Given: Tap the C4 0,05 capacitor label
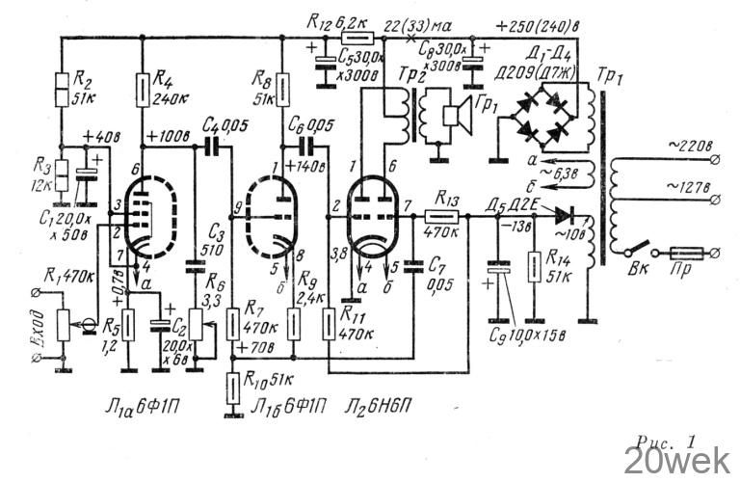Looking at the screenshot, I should coord(218,124).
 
